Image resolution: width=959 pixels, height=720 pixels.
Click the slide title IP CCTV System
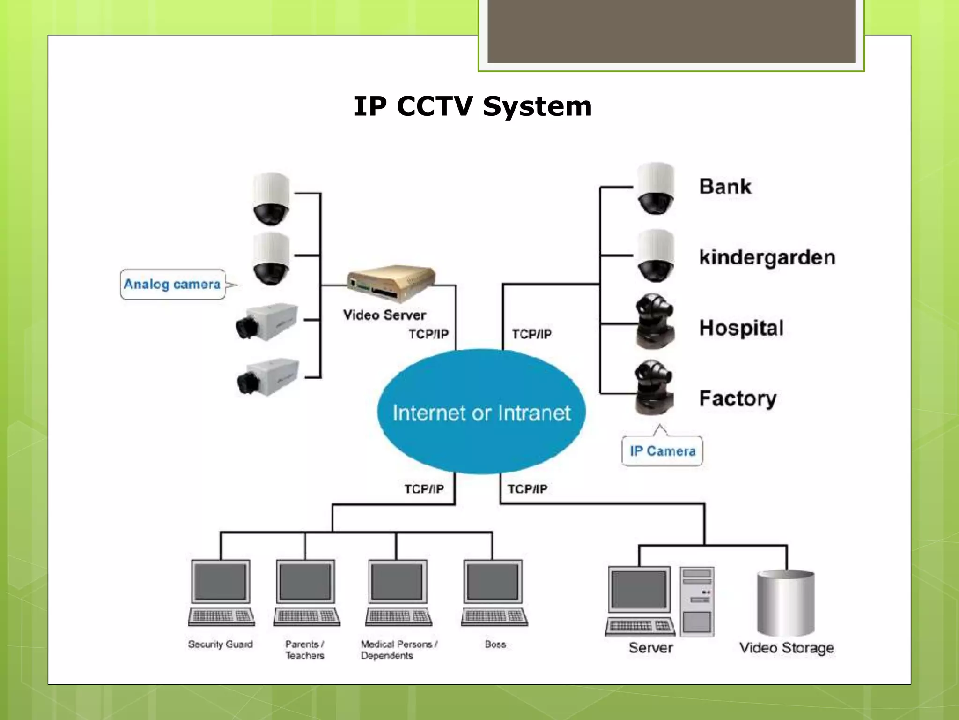coord(472,106)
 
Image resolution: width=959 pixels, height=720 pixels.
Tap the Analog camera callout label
coord(172,284)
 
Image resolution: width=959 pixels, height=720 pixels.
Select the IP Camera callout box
coord(662,451)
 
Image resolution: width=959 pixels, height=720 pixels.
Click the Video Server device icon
coord(391,283)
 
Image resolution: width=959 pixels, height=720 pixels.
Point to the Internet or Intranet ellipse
coord(481,412)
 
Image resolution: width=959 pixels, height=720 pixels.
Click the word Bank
coord(725,187)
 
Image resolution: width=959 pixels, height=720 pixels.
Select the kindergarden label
coord(767,257)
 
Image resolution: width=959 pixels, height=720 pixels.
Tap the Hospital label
coord(741,328)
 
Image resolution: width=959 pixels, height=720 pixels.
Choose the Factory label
coord(738,398)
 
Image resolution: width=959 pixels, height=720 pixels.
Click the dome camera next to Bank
coord(656,189)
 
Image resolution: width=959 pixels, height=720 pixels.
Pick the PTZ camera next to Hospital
coord(655,321)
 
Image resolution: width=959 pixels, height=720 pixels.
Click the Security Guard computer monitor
coord(221,582)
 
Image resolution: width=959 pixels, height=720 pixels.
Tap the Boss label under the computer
coord(495,645)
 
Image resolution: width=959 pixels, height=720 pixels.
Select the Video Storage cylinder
coord(786,603)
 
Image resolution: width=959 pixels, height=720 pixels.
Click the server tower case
coord(697,601)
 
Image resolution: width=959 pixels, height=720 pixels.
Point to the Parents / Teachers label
coord(304,650)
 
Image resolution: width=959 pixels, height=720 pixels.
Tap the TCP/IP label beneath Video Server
coord(428,334)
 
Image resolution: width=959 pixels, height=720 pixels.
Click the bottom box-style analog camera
coord(268,377)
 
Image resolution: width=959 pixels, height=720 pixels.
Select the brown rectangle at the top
coord(671,31)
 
